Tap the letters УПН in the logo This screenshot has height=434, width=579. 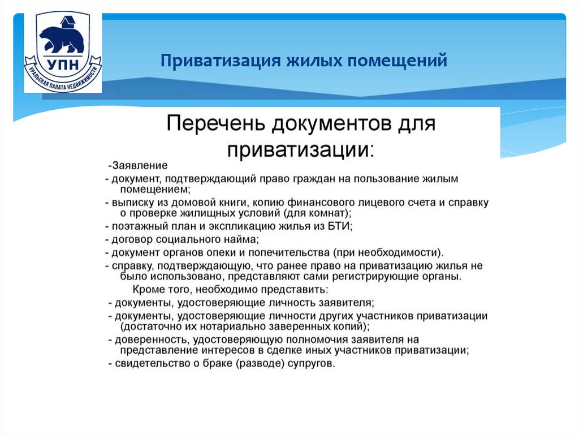[63, 65]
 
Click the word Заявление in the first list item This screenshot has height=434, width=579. [140, 166]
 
